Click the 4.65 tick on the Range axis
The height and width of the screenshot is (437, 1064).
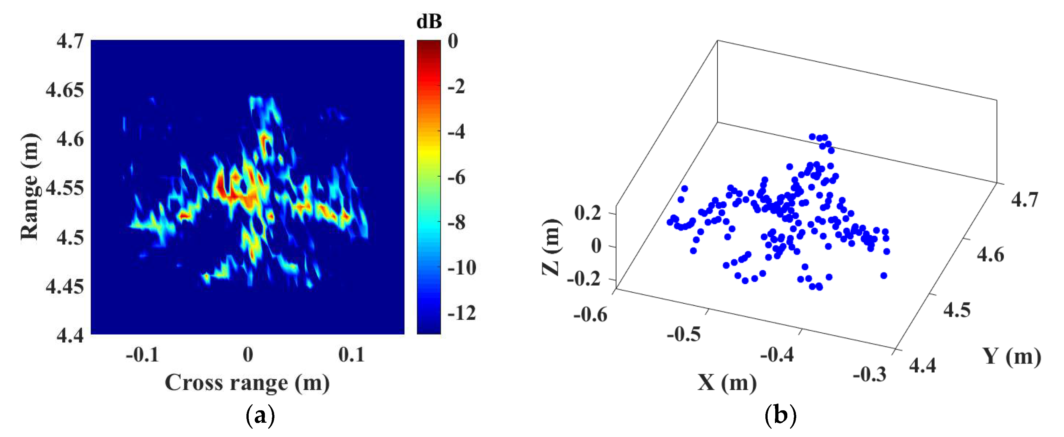click(65, 90)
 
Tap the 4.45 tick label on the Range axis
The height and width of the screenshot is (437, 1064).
click(65, 286)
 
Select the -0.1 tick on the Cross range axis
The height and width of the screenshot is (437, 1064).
click(142, 354)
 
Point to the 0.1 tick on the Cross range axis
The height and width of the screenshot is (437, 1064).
click(351, 354)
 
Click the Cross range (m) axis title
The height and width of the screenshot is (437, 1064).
click(247, 383)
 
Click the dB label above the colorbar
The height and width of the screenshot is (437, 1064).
click(429, 22)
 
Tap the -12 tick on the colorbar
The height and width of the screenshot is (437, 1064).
click(462, 313)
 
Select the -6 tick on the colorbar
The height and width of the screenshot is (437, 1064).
click(456, 177)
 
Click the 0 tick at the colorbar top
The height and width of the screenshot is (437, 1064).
click(453, 41)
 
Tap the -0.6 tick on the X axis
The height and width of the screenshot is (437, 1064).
click(590, 315)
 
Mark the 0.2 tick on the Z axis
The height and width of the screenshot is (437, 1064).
click(587, 213)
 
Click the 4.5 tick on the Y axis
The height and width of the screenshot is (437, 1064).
click(957, 310)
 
